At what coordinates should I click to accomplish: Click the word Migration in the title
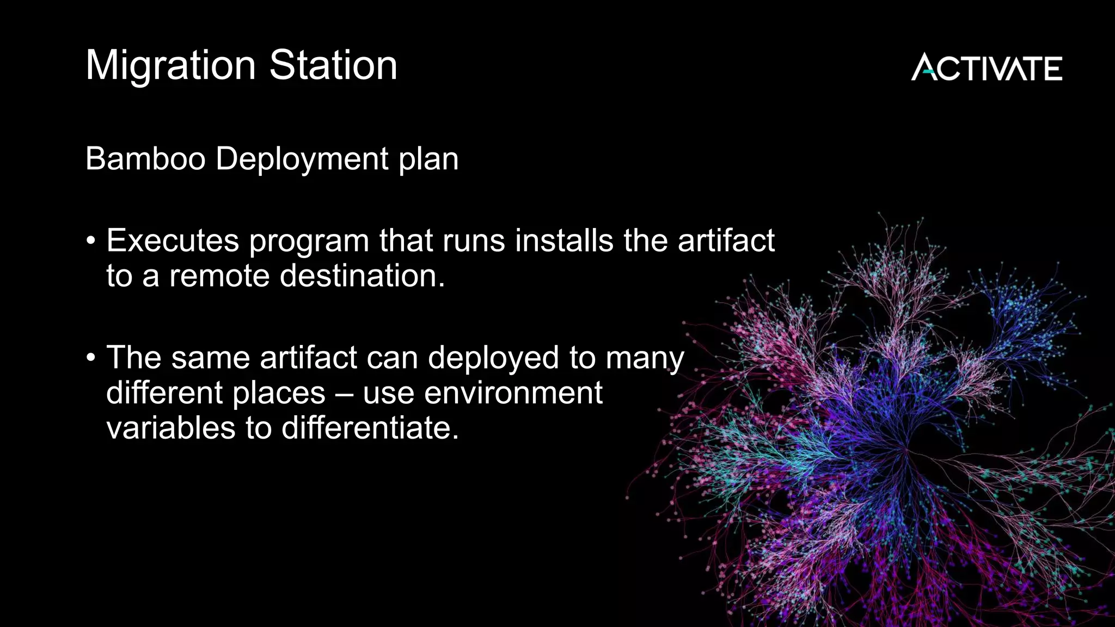click(170, 66)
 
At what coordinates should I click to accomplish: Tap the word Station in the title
click(333, 65)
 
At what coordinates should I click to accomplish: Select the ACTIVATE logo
click(987, 67)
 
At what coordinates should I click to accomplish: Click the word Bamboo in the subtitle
click(145, 159)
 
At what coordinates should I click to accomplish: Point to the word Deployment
click(302, 159)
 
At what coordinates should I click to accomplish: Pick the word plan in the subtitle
click(428, 159)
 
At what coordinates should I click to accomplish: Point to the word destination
click(362, 275)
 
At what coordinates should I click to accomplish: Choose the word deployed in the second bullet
click(493, 359)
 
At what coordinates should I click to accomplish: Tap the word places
click(279, 394)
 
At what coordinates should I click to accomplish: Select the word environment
click(513, 393)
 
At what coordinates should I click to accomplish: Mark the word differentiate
click(370, 428)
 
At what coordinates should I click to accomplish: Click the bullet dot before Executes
click(91, 241)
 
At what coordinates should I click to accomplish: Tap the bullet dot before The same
click(91, 358)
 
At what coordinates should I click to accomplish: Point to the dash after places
click(344, 394)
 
